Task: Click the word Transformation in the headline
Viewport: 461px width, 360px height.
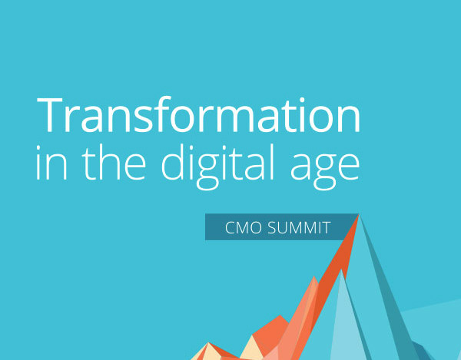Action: [198, 114]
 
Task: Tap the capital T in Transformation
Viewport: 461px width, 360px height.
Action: [50, 115]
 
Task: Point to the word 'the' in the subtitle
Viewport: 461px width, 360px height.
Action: [114, 162]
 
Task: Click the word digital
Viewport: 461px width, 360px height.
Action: [218, 167]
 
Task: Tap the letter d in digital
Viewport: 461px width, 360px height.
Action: [174, 162]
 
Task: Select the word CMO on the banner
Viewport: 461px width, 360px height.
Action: [243, 227]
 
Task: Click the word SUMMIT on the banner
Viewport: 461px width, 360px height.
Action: [299, 227]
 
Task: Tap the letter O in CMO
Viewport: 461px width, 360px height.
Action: [254, 227]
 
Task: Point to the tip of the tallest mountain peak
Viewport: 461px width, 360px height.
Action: [359, 215]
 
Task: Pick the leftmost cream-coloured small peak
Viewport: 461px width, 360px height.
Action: [207, 352]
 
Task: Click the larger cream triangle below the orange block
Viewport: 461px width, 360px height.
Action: [252, 348]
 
